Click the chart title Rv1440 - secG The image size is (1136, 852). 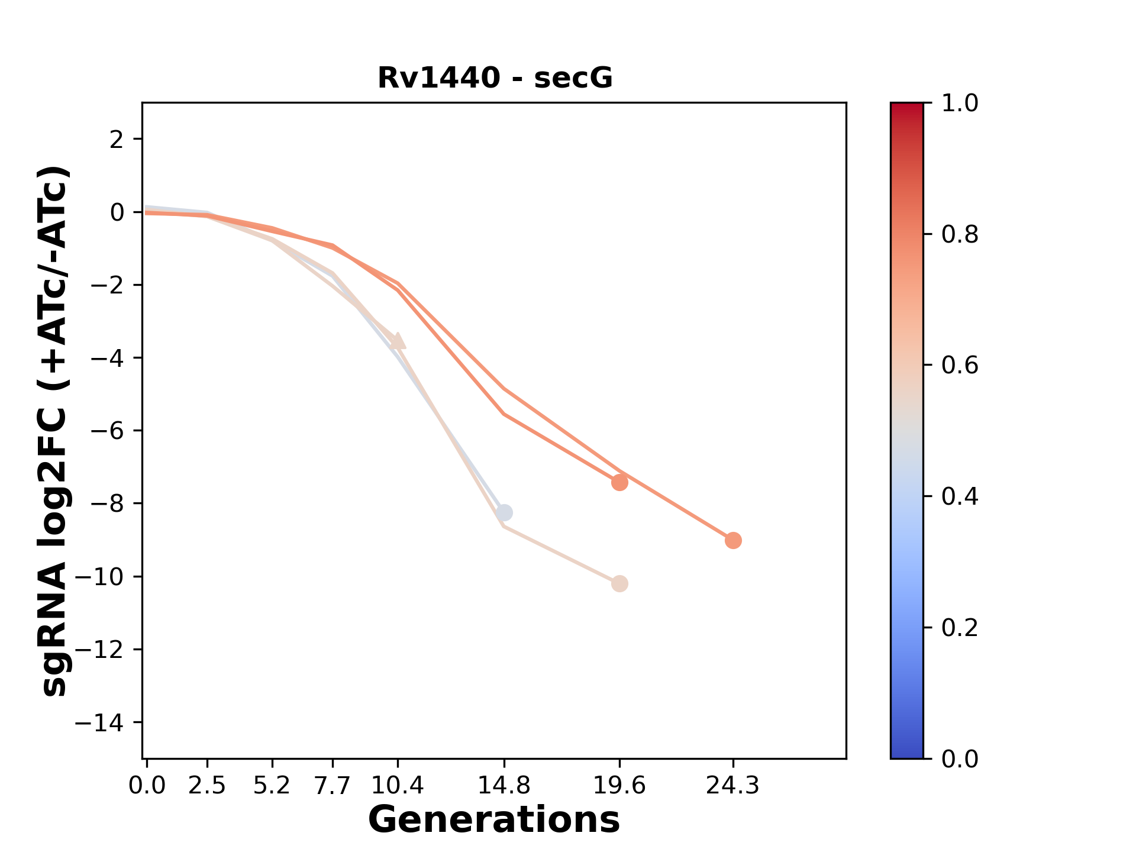(495, 78)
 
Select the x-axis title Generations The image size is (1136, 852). (494, 820)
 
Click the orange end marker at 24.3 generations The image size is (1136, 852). (733, 540)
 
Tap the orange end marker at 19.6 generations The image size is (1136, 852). (619, 483)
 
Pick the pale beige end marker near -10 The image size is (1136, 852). (619, 584)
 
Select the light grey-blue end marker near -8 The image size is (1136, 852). (504, 512)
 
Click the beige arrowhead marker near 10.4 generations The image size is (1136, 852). (399, 341)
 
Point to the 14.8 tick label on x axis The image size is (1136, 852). (504, 786)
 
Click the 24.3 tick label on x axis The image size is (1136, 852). (733, 786)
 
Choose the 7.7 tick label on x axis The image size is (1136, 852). (333, 786)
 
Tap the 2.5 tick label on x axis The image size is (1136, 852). (207, 786)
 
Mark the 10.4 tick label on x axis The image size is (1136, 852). (398, 786)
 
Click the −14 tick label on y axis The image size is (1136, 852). (106, 722)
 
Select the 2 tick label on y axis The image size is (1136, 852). (117, 140)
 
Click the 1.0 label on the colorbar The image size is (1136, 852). (960, 104)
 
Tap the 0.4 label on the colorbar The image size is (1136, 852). (960, 496)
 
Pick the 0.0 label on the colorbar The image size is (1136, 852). (960, 759)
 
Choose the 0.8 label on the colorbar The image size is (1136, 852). (960, 235)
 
